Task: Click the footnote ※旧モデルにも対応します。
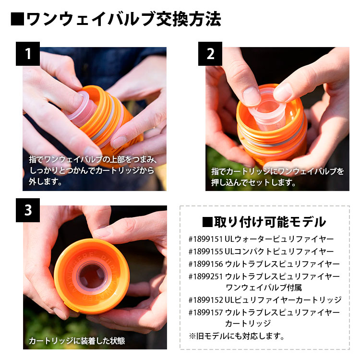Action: pos(237,336)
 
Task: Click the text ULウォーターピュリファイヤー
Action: pos(279,239)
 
